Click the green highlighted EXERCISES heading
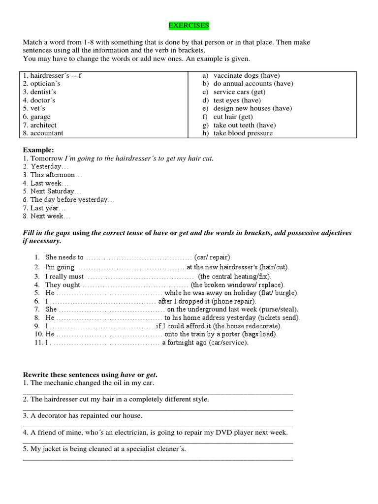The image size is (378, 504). pyautogui.click(x=189, y=25)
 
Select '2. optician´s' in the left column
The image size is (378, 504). pyautogui.click(x=42, y=84)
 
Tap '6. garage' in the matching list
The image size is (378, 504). pyautogui.click(x=36, y=117)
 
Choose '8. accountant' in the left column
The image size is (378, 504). pyautogui.click(x=43, y=133)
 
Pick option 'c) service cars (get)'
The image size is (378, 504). pyautogui.click(x=234, y=92)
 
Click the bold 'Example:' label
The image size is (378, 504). pyautogui.click(x=38, y=150)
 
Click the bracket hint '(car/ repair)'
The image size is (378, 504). pyautogui.click(x=213, y=257)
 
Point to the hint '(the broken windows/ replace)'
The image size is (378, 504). pyautogui.click(x=238, y=285)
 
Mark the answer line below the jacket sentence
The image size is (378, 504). pyautogui.click(x=157, y=459)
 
